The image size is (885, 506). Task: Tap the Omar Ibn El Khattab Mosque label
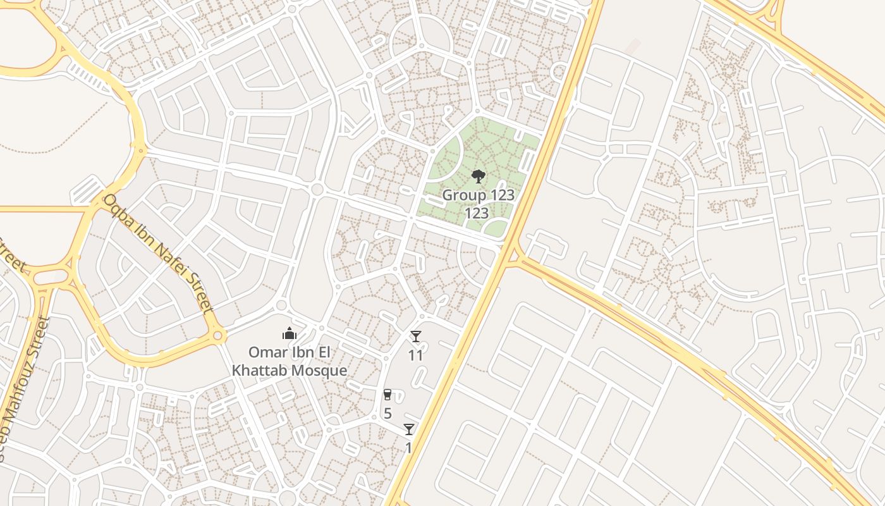290,361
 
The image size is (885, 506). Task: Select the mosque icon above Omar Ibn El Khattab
290,333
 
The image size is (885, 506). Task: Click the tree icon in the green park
479,176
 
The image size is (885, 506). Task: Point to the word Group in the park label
465,195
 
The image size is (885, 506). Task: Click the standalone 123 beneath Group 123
477,213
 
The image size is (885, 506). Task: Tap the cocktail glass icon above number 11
415,336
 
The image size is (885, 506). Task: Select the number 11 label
415,355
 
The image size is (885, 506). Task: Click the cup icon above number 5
388,395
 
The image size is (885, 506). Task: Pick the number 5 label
388,414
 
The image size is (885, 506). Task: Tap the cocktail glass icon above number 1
409,429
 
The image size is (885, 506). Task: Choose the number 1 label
408,448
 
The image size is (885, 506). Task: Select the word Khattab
259,371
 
